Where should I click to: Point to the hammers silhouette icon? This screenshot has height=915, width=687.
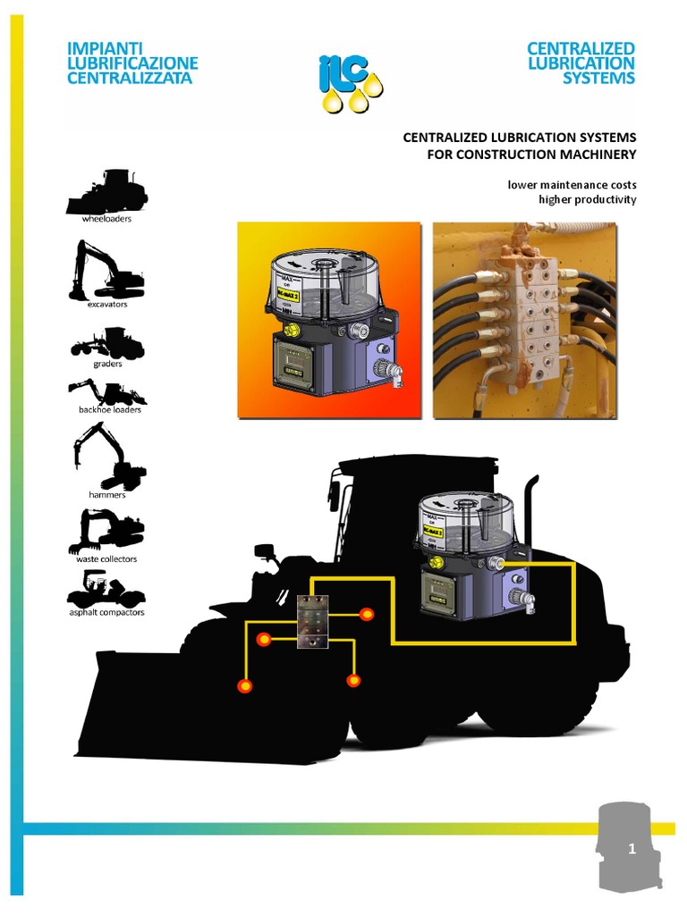(108, 456)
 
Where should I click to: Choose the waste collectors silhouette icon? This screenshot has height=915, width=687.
(106, 531)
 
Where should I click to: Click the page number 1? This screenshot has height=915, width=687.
(632, 850)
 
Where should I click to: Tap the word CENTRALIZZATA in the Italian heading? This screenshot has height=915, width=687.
(129, 78)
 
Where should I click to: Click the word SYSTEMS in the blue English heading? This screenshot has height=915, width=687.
(598, 78)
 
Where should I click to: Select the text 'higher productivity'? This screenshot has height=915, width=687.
(587, 199)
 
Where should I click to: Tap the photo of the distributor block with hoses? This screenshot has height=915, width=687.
(525, 320)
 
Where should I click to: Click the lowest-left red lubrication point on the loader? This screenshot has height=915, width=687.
(243, 685)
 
